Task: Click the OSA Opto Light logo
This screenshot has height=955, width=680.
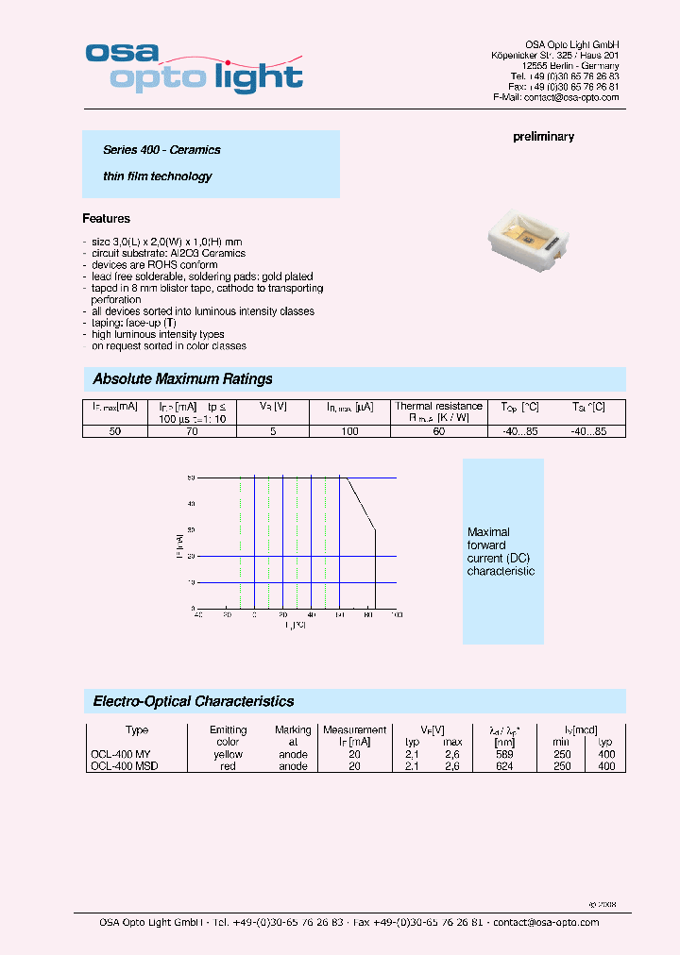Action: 194,67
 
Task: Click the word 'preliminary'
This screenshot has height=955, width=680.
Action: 543,137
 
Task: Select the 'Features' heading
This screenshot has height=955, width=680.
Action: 106,219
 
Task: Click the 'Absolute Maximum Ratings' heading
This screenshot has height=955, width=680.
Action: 182,379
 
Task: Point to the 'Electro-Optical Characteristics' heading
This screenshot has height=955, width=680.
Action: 193,701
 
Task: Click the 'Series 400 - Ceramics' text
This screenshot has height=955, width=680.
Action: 161,150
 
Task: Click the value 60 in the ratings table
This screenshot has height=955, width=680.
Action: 438,431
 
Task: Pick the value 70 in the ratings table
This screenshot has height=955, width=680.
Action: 192,431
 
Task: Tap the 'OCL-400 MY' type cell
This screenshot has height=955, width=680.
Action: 120,754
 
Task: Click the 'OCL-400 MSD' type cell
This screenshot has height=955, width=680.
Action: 124,766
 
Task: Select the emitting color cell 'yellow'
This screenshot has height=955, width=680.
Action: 228,754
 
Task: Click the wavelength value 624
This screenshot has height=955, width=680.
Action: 504,766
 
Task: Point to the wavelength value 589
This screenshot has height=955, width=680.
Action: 504,754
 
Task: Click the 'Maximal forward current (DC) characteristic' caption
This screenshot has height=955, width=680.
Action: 501,552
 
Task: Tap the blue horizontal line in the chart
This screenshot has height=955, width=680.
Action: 373,478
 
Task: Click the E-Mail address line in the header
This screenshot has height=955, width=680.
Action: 555,97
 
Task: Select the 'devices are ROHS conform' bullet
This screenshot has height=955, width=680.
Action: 155,265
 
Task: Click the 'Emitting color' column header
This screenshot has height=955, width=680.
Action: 228,736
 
